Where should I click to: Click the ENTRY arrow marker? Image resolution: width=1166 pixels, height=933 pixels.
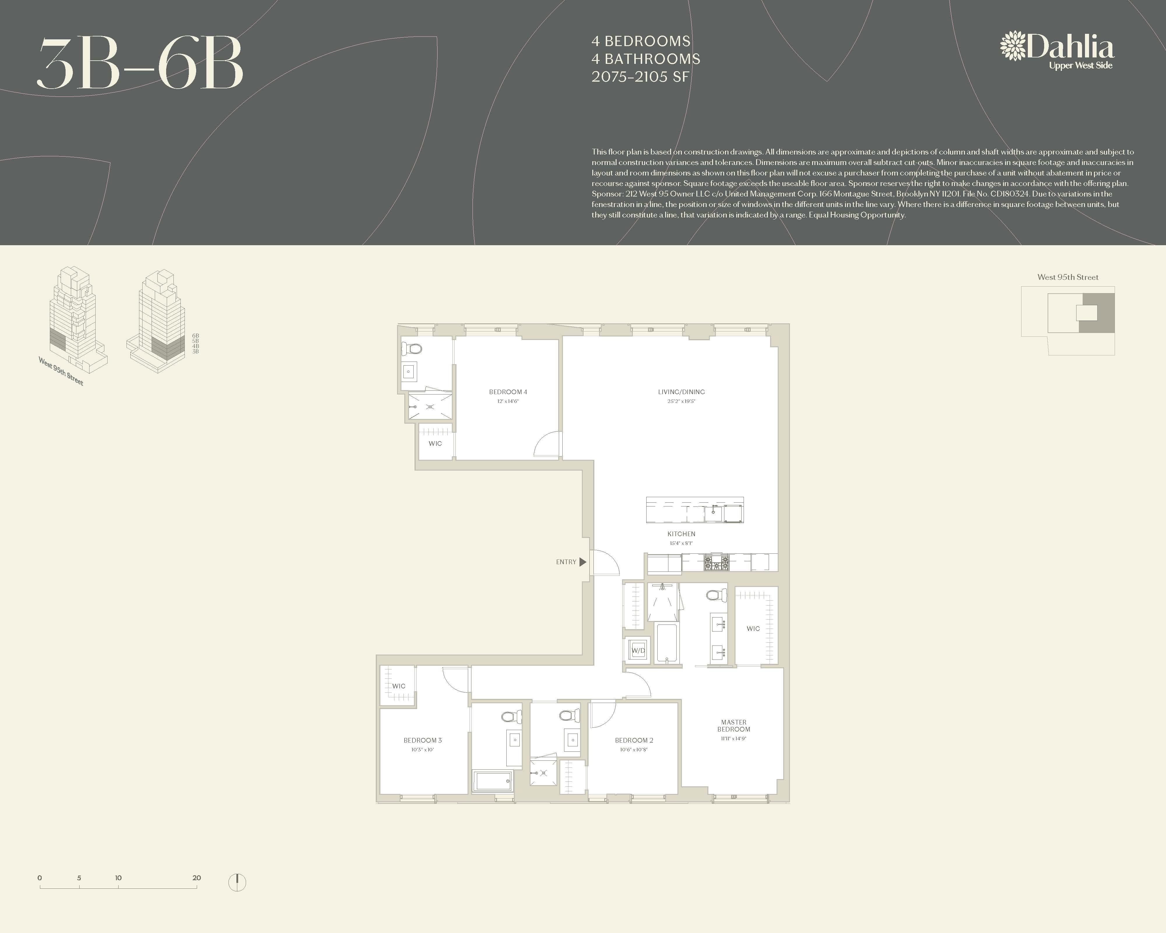[582, 562]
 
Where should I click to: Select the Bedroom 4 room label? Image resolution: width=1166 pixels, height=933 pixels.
[508, 392]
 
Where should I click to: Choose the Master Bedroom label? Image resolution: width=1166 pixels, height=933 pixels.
[734, 726]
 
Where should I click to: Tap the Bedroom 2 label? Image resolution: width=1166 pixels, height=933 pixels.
[634, 741]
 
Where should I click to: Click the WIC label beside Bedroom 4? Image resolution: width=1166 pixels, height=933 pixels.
[436, 443]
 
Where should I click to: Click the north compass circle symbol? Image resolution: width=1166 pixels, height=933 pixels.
[237, 882]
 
